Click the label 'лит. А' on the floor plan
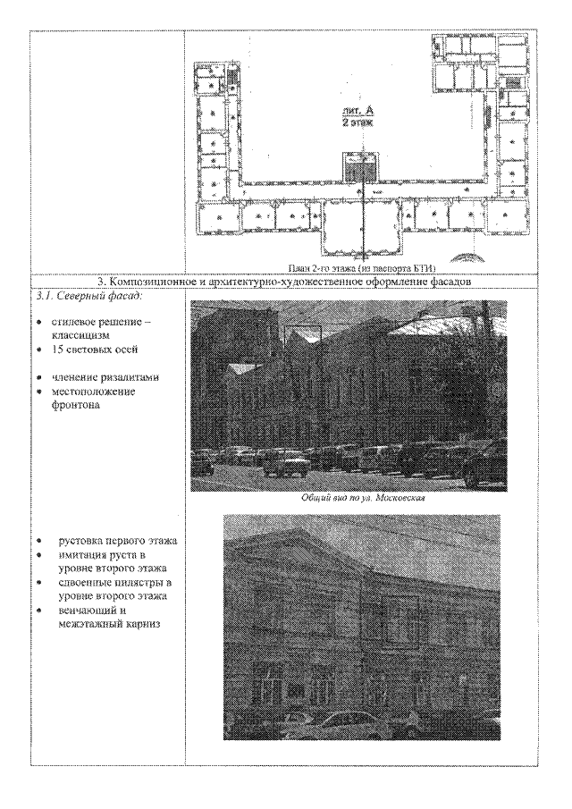(362, 109)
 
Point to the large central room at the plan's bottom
(362, 228)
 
